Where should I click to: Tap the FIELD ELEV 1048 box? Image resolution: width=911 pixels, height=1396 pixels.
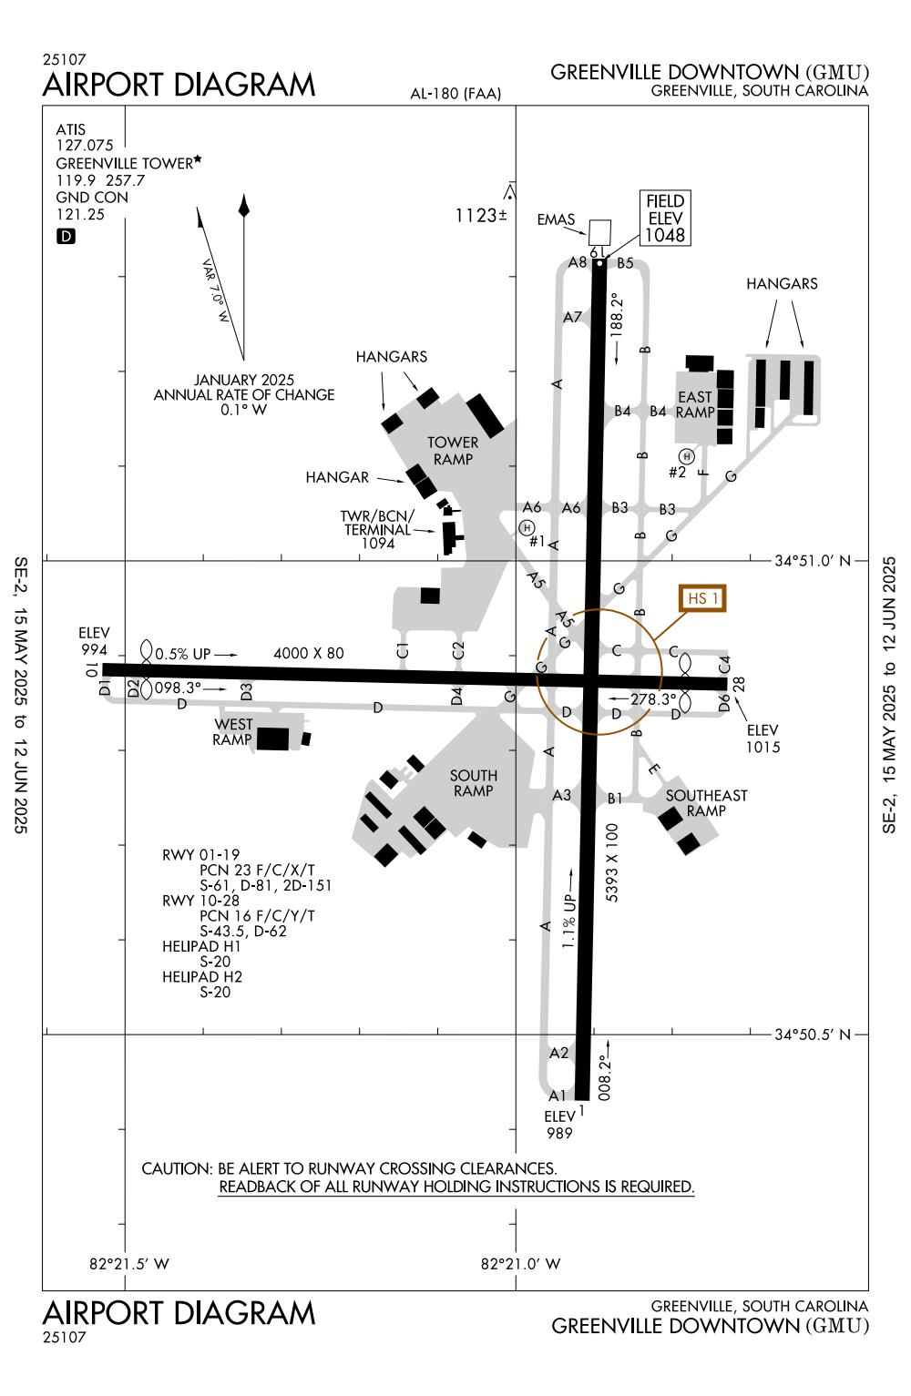pos(664,219)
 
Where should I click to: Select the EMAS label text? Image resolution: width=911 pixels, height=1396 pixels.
pos(556,219)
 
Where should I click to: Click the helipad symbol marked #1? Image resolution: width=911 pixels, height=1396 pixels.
pos(527,526)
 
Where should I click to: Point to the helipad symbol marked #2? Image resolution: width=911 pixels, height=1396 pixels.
pos(686,455)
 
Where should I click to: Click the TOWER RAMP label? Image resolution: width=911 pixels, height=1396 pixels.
pos(453,451)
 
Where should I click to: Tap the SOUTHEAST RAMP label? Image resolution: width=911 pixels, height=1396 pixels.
pos(706,802)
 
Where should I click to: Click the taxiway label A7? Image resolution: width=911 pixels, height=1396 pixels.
pos(572,317)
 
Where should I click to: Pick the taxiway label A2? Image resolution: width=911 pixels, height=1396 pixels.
pos(559,1053)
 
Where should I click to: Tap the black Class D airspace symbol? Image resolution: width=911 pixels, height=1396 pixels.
pos(67,237)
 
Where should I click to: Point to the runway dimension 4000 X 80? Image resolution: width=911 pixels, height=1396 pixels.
pos(309,653)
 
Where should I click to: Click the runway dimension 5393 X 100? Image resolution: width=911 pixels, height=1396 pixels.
pos(612,862)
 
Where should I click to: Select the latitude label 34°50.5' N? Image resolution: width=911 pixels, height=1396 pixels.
pos(812,1034)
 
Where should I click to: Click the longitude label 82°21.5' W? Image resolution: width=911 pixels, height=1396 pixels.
pos(130,1264)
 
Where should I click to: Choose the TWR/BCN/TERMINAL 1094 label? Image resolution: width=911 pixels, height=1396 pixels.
pos(377,529)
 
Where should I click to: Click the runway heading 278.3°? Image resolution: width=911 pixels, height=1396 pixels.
pos(654,698)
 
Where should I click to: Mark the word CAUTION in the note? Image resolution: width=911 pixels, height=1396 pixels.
pos(177,1168)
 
